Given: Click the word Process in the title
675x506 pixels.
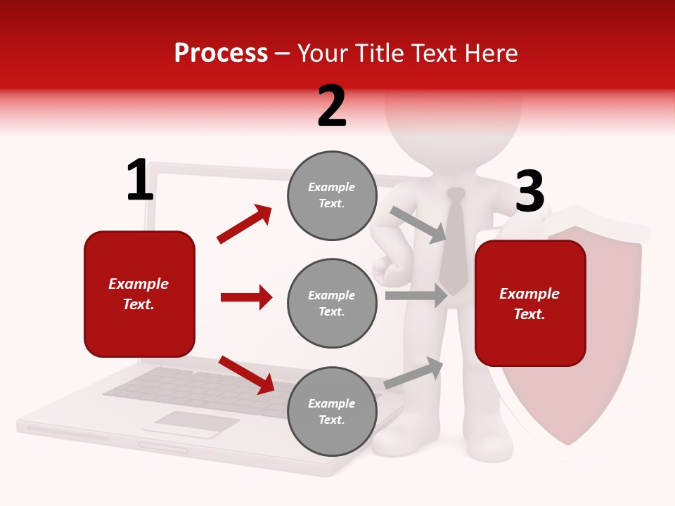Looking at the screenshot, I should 221,53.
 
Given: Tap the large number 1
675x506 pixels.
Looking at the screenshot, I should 140,181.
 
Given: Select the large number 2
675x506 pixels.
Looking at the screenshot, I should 332,106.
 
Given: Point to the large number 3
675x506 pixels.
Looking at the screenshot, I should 530,192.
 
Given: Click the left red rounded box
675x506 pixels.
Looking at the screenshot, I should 139,294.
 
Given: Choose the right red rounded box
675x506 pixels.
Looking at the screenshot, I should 530,303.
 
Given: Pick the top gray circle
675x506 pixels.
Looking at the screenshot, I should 332,195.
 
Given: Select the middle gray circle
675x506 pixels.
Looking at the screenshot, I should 332,303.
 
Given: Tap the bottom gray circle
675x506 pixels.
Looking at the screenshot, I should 332,411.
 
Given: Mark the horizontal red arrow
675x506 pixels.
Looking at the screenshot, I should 246,297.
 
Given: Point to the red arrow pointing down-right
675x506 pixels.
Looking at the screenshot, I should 246,375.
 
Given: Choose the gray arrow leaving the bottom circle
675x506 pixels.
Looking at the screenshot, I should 413,373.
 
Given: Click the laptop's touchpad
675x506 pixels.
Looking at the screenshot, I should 196,421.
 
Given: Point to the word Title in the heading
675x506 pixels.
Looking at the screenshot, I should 380,53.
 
